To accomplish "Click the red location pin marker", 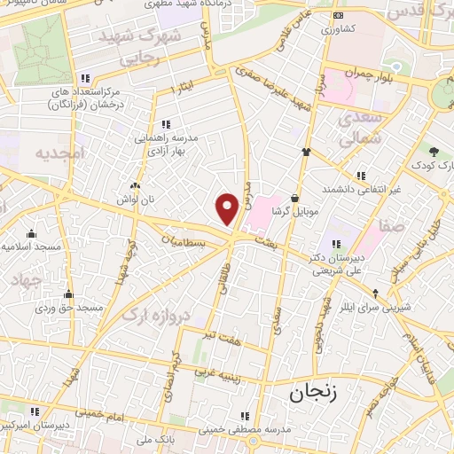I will pos(228,208).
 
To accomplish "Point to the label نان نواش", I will pos(133,200).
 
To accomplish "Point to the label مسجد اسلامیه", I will pos(32,245).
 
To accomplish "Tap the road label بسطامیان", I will pos(187,240).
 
